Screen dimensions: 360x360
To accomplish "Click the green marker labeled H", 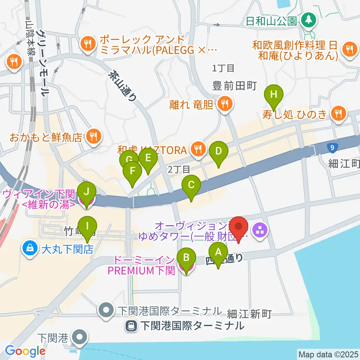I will [x=274, y=94].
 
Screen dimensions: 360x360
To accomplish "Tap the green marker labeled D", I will [x=219, y=151].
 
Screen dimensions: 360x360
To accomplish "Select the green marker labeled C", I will [x=191, y=185].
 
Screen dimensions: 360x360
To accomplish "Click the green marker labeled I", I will [x=87, y=226].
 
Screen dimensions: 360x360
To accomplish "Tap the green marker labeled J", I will [x=87, y=192].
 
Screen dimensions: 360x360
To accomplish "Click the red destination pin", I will [x=239, y=227].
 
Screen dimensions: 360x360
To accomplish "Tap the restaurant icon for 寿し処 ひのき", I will [x=339, y=113].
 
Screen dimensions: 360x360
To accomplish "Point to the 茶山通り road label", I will [x=122, y=87].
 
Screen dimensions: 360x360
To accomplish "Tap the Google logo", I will [x=25, y=351].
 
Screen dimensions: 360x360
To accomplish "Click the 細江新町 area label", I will [x=249, y=314].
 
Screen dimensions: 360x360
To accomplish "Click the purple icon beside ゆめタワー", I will [x=259, y=229].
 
